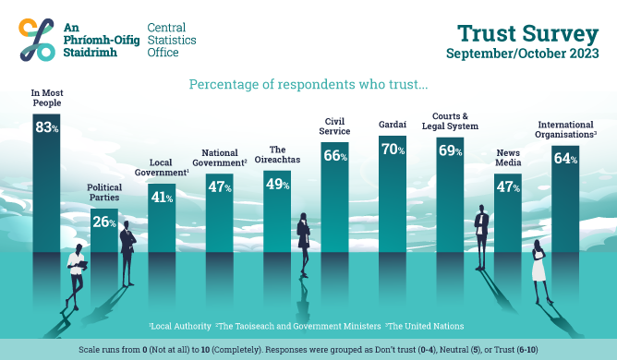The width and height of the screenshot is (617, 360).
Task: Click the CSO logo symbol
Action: [35, 41]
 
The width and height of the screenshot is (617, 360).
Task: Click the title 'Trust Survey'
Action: [527, 34]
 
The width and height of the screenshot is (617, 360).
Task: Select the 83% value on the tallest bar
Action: [46, 128]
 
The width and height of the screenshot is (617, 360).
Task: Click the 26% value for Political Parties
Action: [103, 222]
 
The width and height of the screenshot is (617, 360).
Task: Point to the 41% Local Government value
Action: [162, 197]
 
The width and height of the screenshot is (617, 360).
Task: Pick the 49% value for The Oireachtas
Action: [277, 184]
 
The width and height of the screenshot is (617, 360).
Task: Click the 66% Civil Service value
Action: [333, 156]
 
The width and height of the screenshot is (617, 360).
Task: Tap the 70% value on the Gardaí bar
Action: [393, 149]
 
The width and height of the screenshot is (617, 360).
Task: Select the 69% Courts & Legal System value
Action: [450, 150]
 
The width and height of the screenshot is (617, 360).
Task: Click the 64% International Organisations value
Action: [565, 159]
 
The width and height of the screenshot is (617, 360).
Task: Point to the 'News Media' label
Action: [509, 159]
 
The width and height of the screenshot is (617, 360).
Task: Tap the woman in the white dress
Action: [539, 263]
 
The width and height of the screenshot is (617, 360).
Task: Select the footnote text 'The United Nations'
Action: [427, 326]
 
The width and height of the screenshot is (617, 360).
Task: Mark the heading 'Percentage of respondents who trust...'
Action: [308, 85]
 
